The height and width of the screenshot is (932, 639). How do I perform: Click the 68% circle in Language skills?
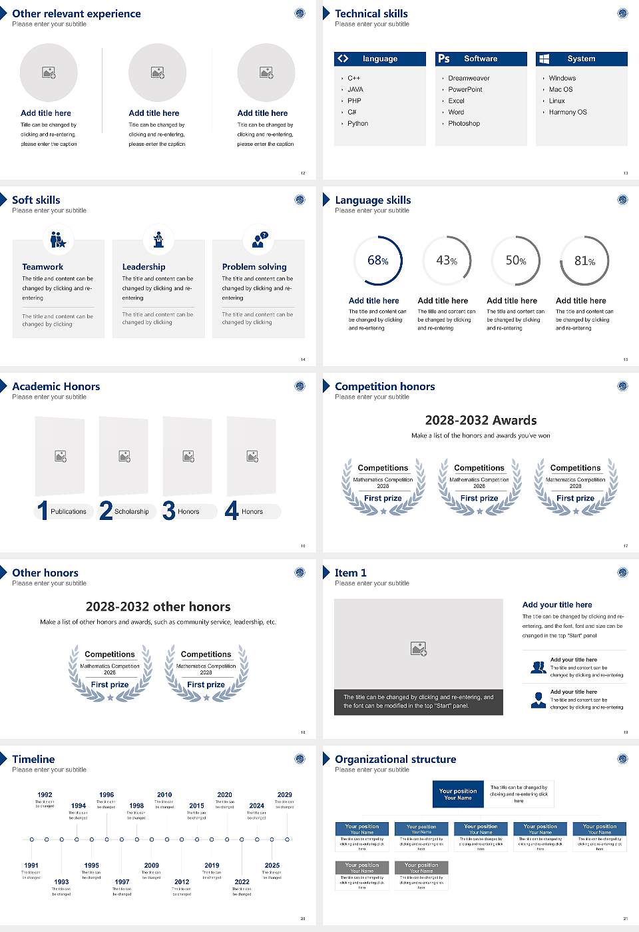point(378,260)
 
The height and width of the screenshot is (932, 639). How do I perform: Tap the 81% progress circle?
point(584,261)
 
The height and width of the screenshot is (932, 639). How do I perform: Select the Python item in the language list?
point(357,124)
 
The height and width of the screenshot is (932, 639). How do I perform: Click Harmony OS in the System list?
point(568,113)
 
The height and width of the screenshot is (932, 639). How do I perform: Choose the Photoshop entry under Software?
point(464,124)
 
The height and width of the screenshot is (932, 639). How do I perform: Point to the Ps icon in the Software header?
point(444,59)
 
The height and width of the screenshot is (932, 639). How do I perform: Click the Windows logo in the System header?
point(544,59)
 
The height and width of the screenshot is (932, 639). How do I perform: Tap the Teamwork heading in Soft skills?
point(43,267)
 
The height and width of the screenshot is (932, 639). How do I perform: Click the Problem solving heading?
point(254,267)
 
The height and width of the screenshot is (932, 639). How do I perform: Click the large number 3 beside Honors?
point(169,511)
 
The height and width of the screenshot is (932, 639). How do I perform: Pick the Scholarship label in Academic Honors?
point(131,512)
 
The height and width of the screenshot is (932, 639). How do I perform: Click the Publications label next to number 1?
point(69,512)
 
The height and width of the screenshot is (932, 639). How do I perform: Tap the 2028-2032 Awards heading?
point(481,421)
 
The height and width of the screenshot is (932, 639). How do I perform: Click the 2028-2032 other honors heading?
point(158,607)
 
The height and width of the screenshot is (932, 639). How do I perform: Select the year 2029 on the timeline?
point(285,795)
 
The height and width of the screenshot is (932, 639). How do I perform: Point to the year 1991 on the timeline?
point(31,866)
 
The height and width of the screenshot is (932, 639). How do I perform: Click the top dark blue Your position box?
point(458,794)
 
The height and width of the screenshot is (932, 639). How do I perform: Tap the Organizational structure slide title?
point(395,760)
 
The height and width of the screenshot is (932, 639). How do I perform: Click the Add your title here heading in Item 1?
point(557,605)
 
